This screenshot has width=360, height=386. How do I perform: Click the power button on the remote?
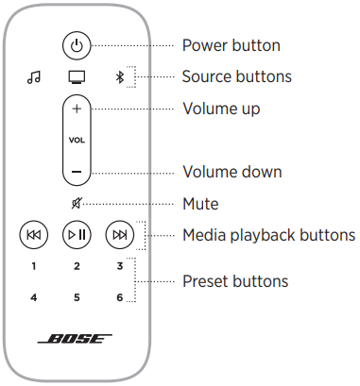[77, 44]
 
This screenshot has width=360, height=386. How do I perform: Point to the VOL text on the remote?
[77, 140]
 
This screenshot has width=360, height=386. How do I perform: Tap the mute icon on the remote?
[77, 203]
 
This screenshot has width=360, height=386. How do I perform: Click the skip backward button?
[34, 234]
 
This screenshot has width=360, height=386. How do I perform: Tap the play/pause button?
[77, 234]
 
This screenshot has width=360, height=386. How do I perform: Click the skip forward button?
[119, 234]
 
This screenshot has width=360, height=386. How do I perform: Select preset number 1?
[34, 266]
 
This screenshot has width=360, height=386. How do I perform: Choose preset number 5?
[77, 297]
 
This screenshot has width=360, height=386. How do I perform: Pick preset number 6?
[119, 297]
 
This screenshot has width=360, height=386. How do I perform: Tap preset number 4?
[34, 297]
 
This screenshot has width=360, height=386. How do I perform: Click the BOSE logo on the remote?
[77, 339]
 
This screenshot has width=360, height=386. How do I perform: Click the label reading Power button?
[231, 44]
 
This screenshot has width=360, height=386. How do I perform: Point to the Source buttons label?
[236, 76]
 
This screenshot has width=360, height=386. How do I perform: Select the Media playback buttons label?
[267, 234]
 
